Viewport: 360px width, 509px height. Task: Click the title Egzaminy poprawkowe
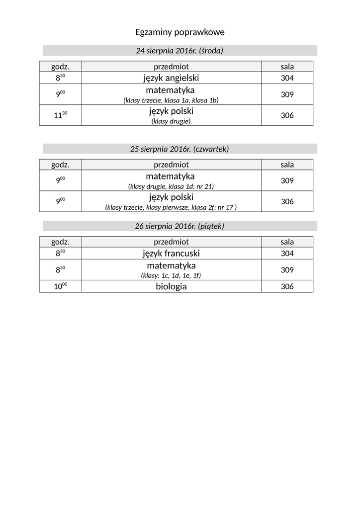[180, 32]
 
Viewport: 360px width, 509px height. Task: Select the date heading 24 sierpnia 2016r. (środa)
[180, 51]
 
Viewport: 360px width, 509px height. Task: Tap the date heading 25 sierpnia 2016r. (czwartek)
[180, 149]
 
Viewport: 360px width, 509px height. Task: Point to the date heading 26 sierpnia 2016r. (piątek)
[180, 226]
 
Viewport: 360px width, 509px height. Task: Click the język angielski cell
[171, 78]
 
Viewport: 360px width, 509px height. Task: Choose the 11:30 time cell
[60, 115]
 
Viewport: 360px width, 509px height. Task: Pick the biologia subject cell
[171, 287]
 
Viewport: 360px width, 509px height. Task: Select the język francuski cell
[171, 254]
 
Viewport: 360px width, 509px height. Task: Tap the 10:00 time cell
[60, 287]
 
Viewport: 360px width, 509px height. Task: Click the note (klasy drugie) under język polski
[171, 121]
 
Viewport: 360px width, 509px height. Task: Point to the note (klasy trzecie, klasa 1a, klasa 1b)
[171, 100]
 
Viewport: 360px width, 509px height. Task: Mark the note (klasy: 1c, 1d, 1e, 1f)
[171, 275]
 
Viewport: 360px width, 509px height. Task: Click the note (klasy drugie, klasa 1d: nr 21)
[171, 186]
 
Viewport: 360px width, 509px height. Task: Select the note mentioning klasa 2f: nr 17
[171, 207]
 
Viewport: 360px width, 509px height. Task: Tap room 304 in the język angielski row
[287, 78]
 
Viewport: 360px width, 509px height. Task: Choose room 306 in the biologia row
[287, 287]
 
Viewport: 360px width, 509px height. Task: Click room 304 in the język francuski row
[287, 254]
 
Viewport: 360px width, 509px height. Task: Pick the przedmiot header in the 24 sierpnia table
[171, 67]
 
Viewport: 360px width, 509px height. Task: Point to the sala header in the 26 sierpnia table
[287, 242]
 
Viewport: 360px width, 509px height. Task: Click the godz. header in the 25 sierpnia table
[60, 165]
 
